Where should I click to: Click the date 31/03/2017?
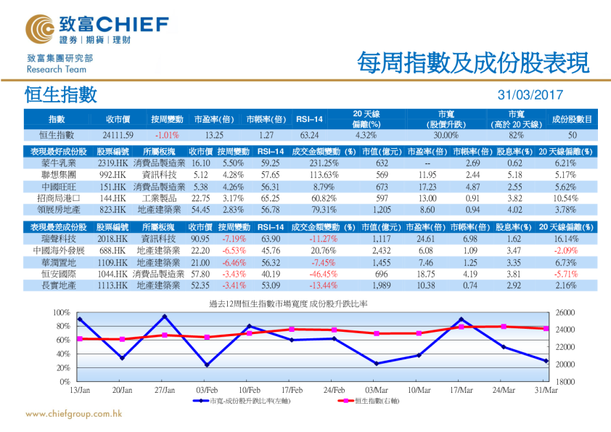[x=530, y=95]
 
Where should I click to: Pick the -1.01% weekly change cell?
[x=167, y=135]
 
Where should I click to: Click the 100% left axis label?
[x=61, y=312]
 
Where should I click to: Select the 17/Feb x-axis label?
[x=291, y=391]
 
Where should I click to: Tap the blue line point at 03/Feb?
[x=206, y=364]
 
